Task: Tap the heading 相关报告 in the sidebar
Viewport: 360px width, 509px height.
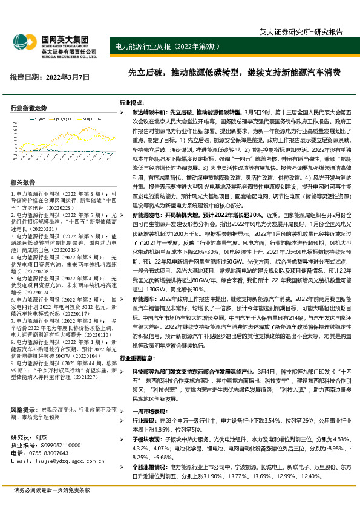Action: tap(22, 182)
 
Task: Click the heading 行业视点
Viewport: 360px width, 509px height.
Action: tap(131, 103)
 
